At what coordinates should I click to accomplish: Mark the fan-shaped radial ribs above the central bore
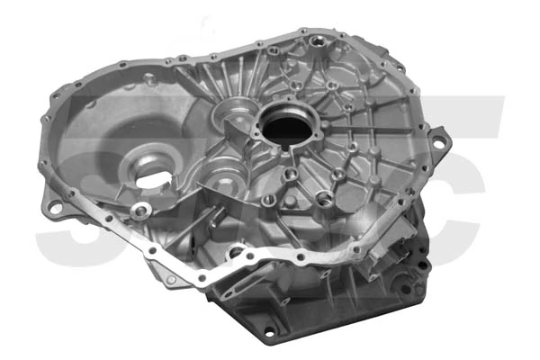[236, 81]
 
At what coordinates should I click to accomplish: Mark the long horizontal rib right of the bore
[360, 135]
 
